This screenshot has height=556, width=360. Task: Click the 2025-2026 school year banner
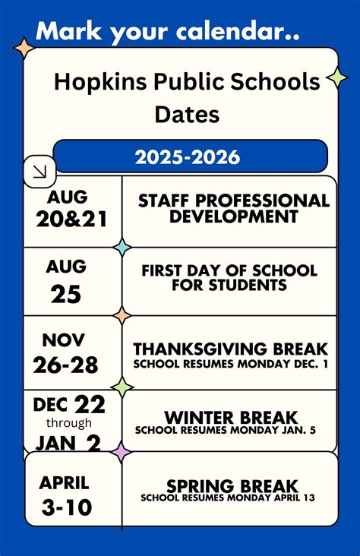[x=188, y=157]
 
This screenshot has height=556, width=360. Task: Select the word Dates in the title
[x=187, y=115]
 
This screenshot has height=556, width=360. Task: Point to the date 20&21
[x=72, y=220]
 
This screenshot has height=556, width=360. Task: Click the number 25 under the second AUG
[x=66, y=293]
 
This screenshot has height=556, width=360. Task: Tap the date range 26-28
[x=65, y=365]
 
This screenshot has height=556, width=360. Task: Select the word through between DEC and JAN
[x=68, y=423]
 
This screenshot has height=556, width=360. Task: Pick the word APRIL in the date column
[x=65, y=482]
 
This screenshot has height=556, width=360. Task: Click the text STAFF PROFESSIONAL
[x=233, y=201]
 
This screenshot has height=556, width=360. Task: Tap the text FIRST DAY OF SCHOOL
[x=229, y=270]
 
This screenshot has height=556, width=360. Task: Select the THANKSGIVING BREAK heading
[x=230, y=349]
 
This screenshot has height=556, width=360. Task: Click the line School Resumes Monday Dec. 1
[x=230, y=364]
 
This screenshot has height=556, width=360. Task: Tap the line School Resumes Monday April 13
[x=227, y=499]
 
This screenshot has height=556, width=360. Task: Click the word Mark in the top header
[x=65, y=31]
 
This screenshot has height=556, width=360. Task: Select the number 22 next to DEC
[x=90, y=403]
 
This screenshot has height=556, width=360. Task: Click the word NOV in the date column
[x=64, y=340]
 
